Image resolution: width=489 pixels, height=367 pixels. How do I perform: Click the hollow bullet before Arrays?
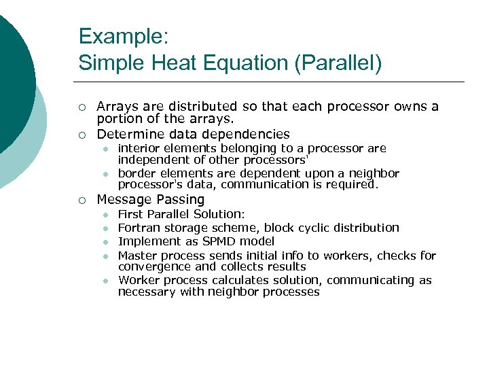point(81,107)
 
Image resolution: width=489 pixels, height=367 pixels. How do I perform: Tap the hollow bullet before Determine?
point(81,135)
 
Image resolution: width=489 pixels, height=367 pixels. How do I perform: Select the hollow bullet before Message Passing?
point(81,200)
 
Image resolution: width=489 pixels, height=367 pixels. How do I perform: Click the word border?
point(136,173)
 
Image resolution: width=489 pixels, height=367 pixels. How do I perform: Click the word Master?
point(136,256)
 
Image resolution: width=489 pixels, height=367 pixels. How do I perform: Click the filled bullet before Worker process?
point(106,281)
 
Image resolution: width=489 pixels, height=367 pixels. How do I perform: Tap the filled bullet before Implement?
point(106,241)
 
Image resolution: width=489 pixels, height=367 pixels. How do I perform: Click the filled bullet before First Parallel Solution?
point(106,215)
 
